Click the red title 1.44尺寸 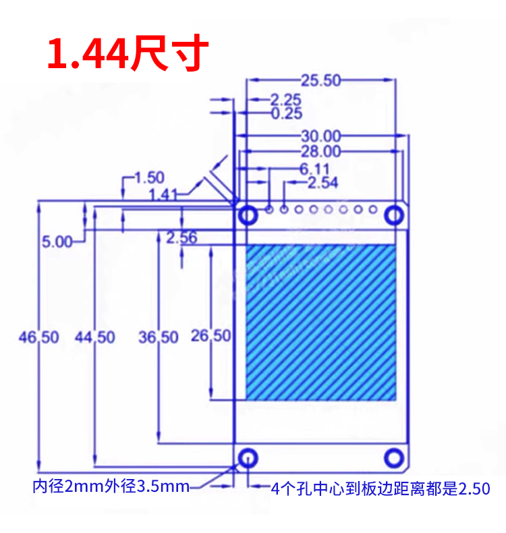[x=128, y=53]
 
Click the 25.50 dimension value [x=320, y=80]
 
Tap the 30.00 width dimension [x=320, y=136]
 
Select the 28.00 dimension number [x=320, y=151]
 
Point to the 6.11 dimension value [x=314, y=169]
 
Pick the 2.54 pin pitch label [x=323, y=183]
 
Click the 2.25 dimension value [x=286, y=100]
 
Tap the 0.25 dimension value [x=287, y=113]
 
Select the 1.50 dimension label [x=150, y=177]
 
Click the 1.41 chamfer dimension [x=163, y=195]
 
